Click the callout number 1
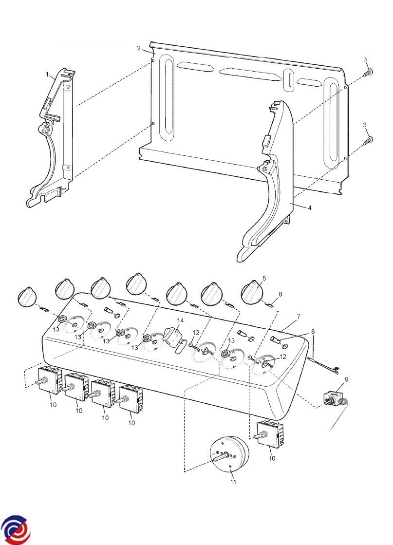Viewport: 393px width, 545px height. (47, 74)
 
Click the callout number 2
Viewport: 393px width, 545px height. (139, 48)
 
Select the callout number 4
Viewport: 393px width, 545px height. (310, 208)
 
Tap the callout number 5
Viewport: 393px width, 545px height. (264, 278)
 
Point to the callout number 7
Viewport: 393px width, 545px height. (299, 317)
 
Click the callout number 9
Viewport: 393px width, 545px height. (346, 379)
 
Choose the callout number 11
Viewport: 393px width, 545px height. (233, 482)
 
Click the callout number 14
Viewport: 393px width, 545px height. (180, 320)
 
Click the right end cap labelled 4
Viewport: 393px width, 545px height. (269, 181)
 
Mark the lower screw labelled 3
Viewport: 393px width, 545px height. (368, 141)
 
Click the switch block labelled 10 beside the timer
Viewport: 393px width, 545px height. (272, 434)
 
